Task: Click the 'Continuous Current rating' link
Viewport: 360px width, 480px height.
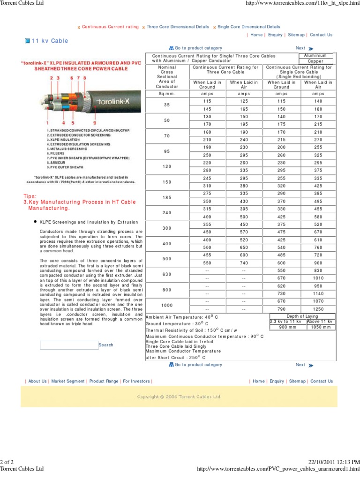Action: click(x=110, y=27)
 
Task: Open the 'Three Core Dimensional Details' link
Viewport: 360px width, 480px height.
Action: click(x=178, y=27)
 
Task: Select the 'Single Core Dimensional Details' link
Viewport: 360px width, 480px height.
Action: click(x=249, y=27)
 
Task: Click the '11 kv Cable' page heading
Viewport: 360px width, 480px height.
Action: click(x=50, y=41)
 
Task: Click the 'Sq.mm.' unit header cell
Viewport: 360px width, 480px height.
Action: click(x=167, y=94)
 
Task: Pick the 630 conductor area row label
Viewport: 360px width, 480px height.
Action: click(x=167, y=274)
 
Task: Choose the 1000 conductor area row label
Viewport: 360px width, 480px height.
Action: click(x=167, y=305)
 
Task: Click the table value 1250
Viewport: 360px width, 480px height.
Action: click(x=318, y=309)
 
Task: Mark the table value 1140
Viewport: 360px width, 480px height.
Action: click(x=318, y=293)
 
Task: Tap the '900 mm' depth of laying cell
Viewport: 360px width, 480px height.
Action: click(x=288, y=327)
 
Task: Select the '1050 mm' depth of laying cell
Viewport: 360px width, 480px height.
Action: click(x=321, y=327)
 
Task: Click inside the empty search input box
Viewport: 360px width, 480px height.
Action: click(x=69, y=345)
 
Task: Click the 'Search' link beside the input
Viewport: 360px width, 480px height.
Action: click(x=106, y=345)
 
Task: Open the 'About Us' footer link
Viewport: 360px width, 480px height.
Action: click(x=37, y=381)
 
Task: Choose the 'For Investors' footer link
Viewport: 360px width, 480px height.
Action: click(x=136, y=381)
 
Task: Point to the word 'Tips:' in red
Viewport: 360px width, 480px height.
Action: click(x=30, y=196)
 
